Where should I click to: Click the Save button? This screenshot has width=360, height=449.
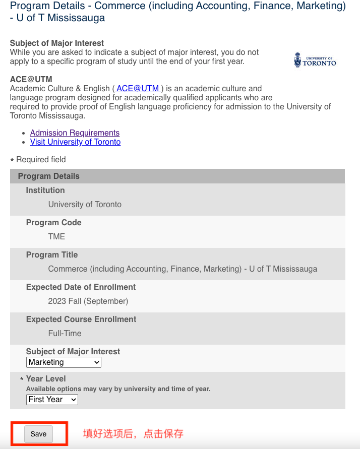coord(38,434)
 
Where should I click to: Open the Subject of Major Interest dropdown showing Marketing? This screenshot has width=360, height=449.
coord(64,362)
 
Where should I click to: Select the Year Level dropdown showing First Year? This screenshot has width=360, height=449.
coord(52,400)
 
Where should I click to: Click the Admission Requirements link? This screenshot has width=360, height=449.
coord(75,133)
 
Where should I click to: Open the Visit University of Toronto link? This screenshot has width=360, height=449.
coord(75,142)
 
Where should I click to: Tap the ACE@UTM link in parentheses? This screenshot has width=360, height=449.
coord(138,89)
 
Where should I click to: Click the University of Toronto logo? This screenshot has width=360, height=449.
coord(315,60)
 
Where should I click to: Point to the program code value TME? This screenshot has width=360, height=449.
coord(56,237)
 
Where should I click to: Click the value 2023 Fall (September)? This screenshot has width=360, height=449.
coord(88,301)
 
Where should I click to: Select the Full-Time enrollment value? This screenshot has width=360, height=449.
coord(65,334)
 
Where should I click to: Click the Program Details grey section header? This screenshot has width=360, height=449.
coord(48,176)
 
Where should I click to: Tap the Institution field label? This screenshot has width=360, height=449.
coord(45,190)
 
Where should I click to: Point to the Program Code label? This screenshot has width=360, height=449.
coord(53,223)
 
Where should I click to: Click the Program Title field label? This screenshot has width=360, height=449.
coord(52,255)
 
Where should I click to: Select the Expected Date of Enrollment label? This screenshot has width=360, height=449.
coord(81,287)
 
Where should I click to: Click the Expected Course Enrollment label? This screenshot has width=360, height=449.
coord(81,319)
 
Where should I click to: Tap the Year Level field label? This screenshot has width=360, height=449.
coord(46,379)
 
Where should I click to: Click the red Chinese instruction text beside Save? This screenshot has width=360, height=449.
coord(133,434)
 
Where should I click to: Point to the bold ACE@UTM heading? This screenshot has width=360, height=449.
coord(31,80)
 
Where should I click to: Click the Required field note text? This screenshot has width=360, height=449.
coord(41,160)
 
